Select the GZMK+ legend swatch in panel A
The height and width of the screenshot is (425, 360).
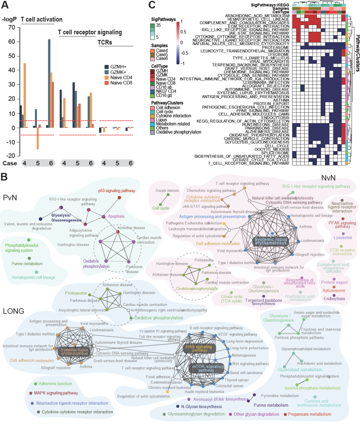(x=107, y=72)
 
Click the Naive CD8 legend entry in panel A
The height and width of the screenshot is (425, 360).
(x=121, y=83)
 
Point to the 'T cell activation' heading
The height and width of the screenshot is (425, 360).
(x=42, y=20)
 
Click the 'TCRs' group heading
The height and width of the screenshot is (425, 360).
(x=105, y=43)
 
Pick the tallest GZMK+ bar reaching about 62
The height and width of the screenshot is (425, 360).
(x=49, y=83)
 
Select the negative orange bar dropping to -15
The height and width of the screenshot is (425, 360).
(x=38, y=138)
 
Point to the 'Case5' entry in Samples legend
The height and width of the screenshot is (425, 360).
(x=162, y=55)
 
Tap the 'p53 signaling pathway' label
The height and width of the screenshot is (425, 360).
(x=117, y=191)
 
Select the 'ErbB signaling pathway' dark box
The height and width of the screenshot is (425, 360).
(x=199, y=348)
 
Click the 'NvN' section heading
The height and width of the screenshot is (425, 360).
(x=328, y=178)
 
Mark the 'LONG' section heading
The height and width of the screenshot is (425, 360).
(x=13, y=311)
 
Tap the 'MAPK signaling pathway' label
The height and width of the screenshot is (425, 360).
(x=56, y=393)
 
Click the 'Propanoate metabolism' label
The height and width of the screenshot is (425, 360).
(x=309, y=414)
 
